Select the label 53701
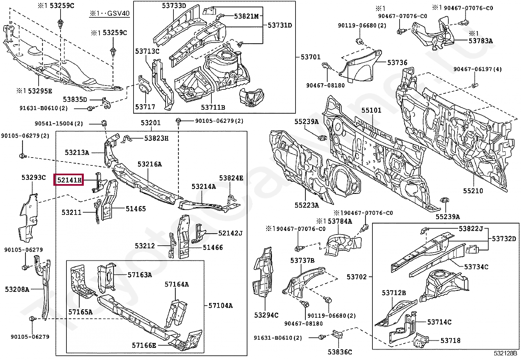pos(311,57)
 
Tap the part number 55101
pos(371,110)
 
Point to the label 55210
pos(473,191)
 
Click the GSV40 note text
pos(110,13)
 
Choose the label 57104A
pos(221,306)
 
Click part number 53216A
pos(150,164)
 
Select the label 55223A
pos(307,205)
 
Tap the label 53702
pos(357,277)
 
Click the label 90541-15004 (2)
pos(59,123)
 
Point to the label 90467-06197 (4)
pos(477,69)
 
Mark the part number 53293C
pos(33,178)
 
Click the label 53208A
pos(17,290)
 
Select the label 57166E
pos(144,345)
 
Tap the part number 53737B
pos(302,260)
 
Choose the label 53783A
pos(480,41)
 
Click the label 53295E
pos(34,91)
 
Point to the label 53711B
pos(213,107)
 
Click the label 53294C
pos(266,315)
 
